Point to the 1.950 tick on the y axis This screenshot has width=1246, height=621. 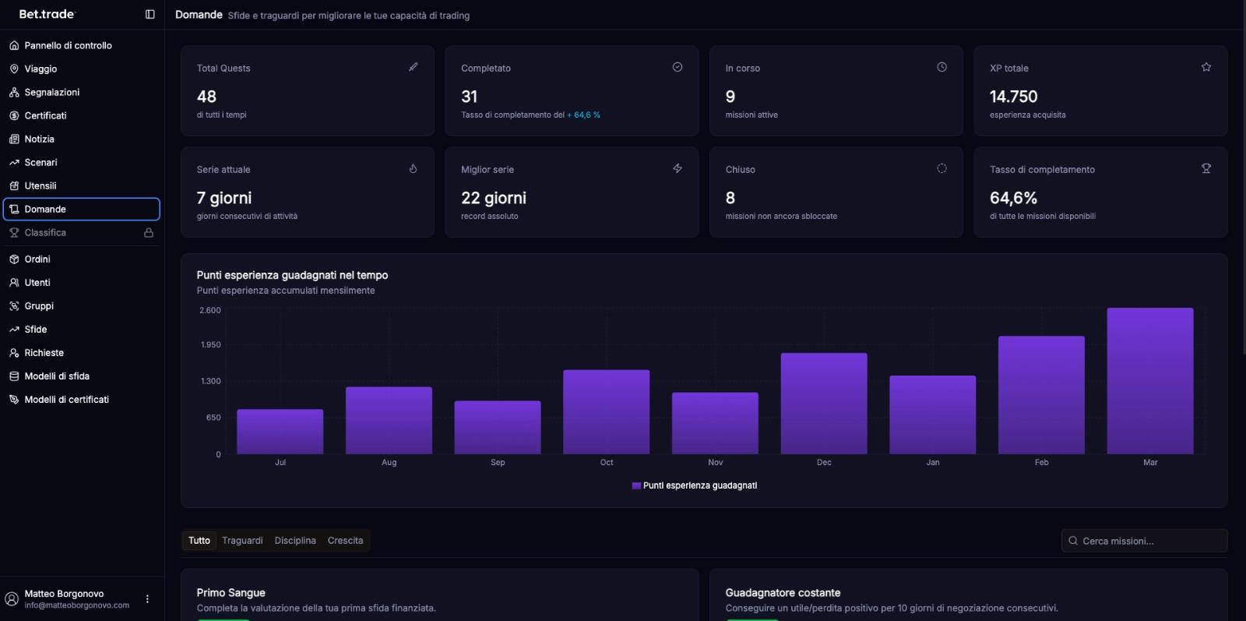(210, 344)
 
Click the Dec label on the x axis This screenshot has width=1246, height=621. (824, 462)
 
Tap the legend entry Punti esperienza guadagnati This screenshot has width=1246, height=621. (694, 485)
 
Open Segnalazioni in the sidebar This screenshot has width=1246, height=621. (51, 92)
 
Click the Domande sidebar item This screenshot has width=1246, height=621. (45, 209)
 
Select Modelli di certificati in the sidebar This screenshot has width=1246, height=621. (66, 399)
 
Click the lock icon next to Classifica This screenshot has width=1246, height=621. (149, 232)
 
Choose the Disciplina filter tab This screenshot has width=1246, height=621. (295, 540)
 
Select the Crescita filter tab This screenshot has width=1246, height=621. (345, 540)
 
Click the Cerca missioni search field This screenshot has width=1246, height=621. (1144, 540)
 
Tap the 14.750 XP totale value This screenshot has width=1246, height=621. (1013, 97)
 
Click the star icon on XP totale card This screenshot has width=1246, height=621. (1206, 67)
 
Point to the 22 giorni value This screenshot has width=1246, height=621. (493, 198)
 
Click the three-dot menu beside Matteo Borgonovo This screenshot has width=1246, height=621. (147, 599)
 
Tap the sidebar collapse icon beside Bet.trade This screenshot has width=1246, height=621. (150, 14)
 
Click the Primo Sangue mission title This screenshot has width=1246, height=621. (231, 592)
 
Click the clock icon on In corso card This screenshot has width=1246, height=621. (942, 67)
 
